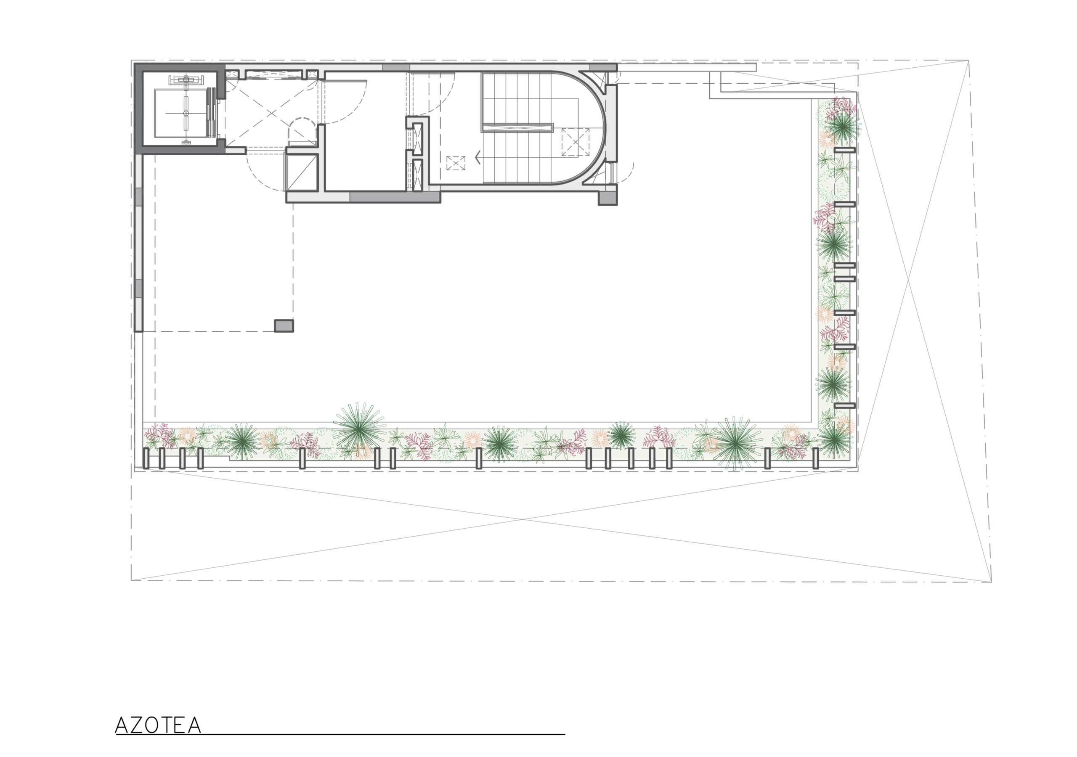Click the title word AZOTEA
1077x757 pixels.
tap(158, 725)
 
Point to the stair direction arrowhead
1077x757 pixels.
tap(477, 158)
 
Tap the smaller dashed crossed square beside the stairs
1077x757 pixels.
tap(456, 163)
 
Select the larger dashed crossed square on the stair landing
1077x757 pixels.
tap(575, 142)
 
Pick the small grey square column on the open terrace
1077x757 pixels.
tap(284, 326)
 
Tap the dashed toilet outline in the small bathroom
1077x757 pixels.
tap(302, 131)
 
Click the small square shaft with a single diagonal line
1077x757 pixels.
tap(302, 172)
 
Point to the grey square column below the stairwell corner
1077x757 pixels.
tap(607, 199)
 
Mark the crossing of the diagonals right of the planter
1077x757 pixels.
tap(907, 281)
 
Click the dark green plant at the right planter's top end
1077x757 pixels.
tap(843, 126)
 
